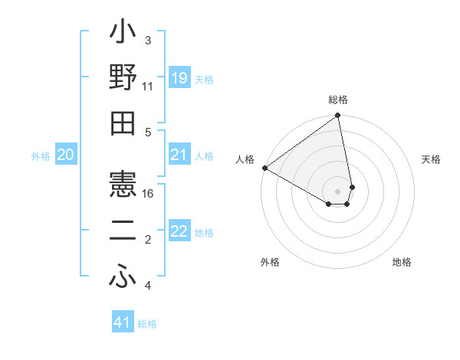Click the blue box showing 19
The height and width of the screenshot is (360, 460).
coord(179,78)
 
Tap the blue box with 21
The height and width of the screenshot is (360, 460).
coord(179,155)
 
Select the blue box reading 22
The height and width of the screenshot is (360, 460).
coord(179,232)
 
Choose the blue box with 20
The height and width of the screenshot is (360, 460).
coord(65,155)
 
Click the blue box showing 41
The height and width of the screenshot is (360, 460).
coord(123,322)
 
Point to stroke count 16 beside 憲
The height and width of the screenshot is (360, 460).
coord(149,194)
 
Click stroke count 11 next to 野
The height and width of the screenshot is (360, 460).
coord(147,87)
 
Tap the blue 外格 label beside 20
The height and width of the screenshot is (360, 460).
coord(41,156)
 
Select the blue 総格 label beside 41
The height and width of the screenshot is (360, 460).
coord(147,324)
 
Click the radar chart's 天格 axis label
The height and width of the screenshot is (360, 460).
coord(431,159)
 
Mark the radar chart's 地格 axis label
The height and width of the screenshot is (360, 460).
coord(402,262)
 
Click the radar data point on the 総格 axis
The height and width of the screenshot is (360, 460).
coord(337,116)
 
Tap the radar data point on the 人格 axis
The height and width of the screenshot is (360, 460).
coord(264,167)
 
